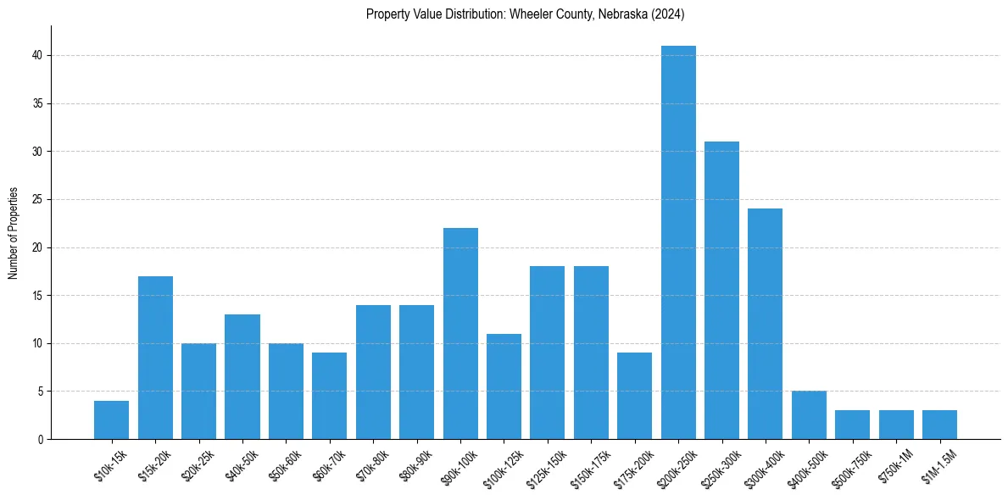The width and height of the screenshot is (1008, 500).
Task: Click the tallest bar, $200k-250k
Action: (x=678, y=242)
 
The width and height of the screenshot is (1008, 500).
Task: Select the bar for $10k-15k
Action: (x=112, y=419)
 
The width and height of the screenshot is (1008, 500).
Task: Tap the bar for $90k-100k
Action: (x=460, y=333)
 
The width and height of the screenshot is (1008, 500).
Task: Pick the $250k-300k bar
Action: (x=721, y=290)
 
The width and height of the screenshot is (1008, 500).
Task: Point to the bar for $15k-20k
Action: (x=155, y=358)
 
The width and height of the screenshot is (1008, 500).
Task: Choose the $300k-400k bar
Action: (x=765, y=324)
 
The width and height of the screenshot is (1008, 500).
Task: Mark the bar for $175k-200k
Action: (x=634, y=396)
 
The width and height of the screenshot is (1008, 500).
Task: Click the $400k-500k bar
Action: (x=809, y=415)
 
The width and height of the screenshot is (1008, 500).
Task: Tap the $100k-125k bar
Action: (x=504, y=386)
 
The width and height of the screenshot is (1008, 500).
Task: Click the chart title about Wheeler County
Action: (x=525, y=14)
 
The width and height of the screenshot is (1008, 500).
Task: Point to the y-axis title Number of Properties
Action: (x=14, y=232)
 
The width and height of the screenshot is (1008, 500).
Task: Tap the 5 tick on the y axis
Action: (x=40, y=392)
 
